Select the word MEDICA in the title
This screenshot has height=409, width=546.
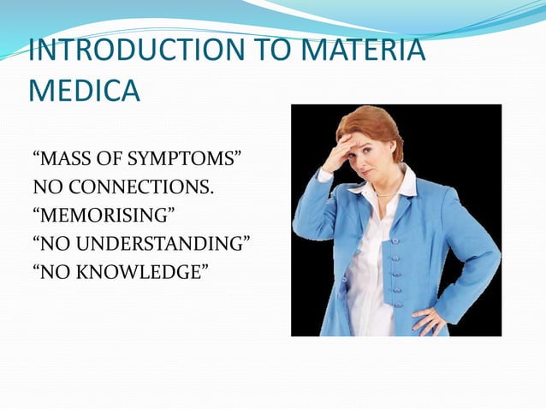point(84,91)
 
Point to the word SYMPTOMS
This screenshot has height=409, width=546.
point(181,159)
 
